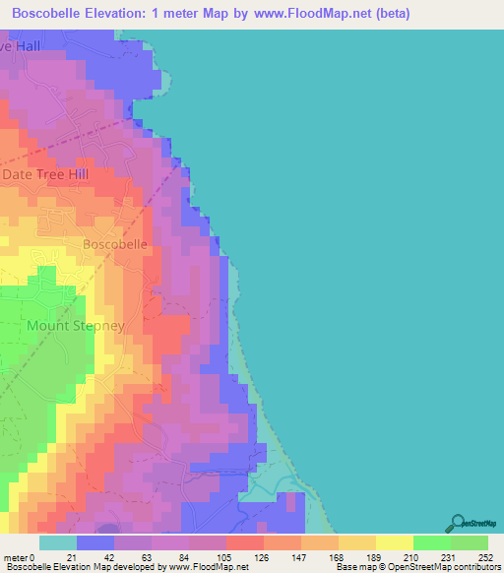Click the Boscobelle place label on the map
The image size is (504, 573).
[x=115, y=243]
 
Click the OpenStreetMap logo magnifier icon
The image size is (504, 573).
[x=457, y=524]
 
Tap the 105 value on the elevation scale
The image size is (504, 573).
[x=225, y=557]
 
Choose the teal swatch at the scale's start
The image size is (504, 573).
[x=58, y=542]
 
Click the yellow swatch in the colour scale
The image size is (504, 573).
[x=394, y=542]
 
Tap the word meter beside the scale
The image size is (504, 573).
[x=16, y=557]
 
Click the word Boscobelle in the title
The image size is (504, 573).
[x=50, y=14]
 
